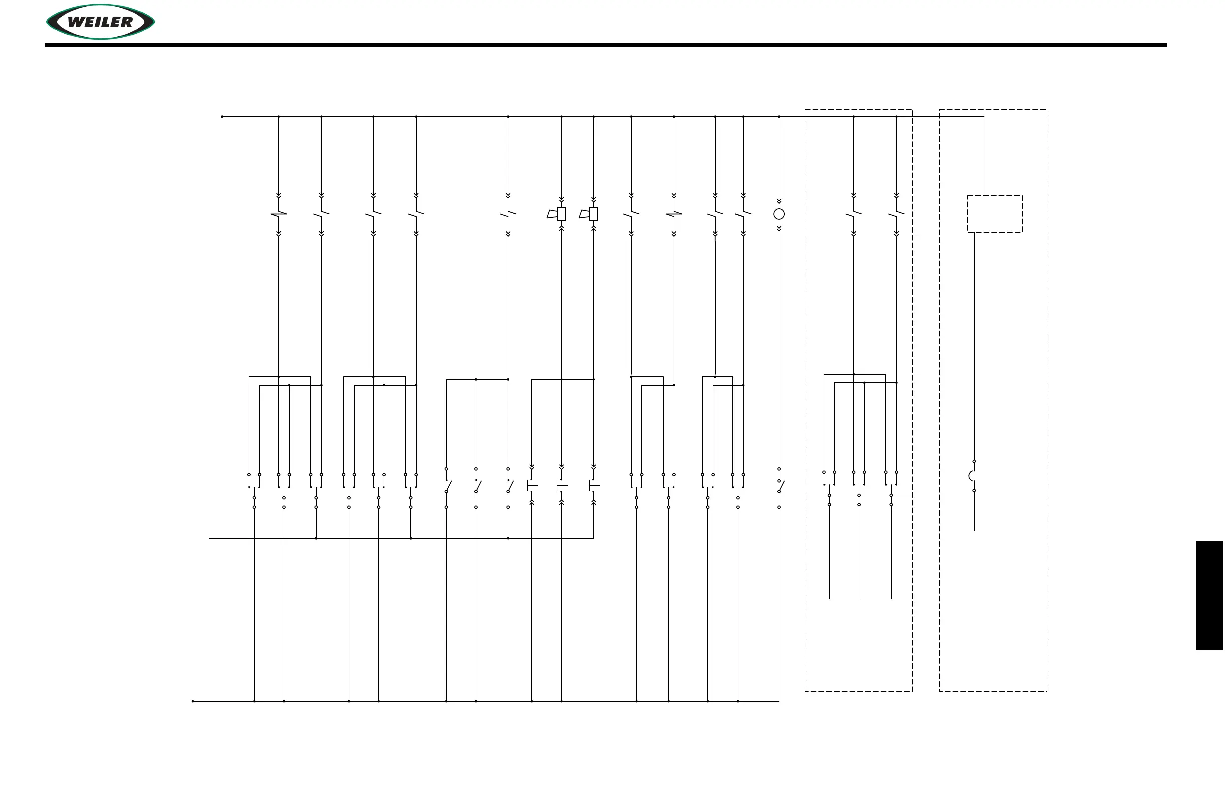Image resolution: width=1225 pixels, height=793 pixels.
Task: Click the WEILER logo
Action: pyautogui.click(x=101, y=22)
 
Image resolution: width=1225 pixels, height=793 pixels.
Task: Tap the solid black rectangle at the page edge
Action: pyautogui.click(x=1209, y=595)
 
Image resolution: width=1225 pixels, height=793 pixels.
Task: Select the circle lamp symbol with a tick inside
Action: pyautogui.click(x=779, y=214)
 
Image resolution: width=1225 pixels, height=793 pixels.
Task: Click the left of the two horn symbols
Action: pyautogui.click(x=557, y=214)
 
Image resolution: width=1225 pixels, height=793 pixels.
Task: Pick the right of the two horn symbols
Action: pyautogui.click(x=590, y=214)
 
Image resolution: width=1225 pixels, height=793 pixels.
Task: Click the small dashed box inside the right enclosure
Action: pyautogui.click(x=994, y=214)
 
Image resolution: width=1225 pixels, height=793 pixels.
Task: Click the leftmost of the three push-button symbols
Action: pyautogui.click(x=532, y=485)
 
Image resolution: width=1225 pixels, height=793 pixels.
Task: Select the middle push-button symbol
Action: pyautogui.click(x=562, y=485)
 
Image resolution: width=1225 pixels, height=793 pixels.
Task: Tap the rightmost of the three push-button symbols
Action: pyautogui.click(x=594, y=485)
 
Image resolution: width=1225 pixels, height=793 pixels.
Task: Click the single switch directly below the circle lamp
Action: pyautogui.click(x=780, y=486)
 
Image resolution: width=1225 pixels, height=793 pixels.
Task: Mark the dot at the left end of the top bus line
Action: pyautogui.click(x=222, y=116)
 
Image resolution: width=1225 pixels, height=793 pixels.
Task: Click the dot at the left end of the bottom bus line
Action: pyautogui.click(x=193, y=701)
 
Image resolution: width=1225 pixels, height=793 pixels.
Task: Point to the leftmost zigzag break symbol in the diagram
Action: pyautogui.click(x=278, y=213)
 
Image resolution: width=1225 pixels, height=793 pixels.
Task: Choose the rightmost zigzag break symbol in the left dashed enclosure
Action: pyautogui.click(x=896, y=213)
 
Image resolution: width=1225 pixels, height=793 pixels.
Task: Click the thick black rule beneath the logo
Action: pyautogui.click(x=605, y=45)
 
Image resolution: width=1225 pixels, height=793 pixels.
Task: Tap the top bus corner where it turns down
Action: pyautogui.click(x=984, y=117)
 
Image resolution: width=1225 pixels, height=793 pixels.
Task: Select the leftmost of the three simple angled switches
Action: pyautogui.click(x=447, y=486)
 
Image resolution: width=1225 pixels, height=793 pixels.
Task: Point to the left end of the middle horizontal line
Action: pyautogui.click(x=210, y=538)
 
